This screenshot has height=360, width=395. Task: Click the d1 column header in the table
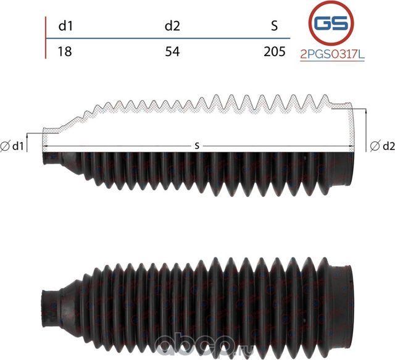(x=65, y=26)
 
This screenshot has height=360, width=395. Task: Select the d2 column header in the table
(x=172, y=26)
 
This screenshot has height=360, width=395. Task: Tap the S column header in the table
(x=275, y=26)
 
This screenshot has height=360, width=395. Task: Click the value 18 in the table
(x=65, y=51)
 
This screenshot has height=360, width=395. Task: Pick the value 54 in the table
(x=172, y=51)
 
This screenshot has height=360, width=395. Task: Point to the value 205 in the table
(x=275, y=51)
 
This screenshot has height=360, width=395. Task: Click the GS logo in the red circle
(x=331, y=23)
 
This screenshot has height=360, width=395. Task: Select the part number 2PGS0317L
(x=332, y=54)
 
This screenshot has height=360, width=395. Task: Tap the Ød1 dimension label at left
(x=12, y=146)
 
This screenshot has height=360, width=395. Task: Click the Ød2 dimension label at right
(x=383, y=146)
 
